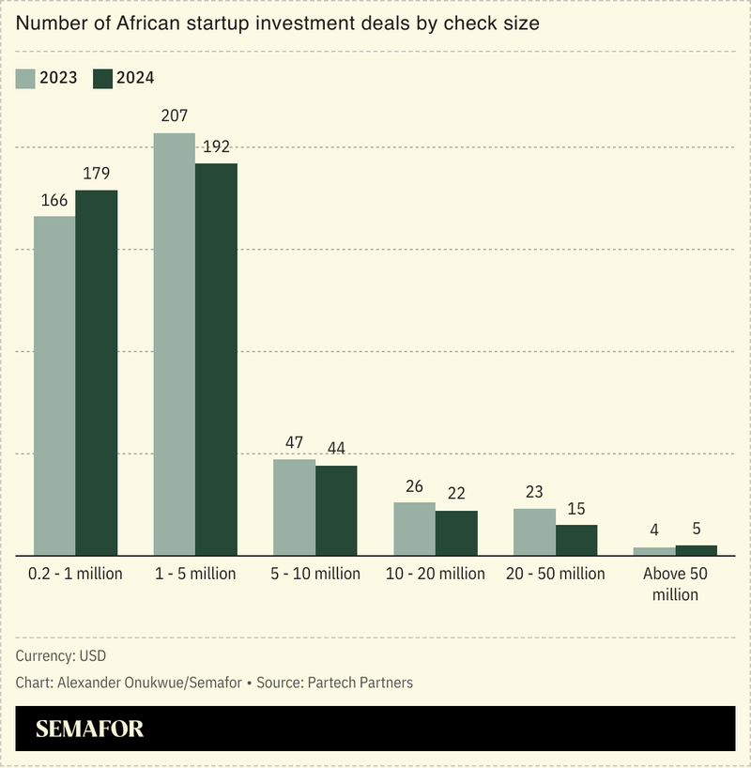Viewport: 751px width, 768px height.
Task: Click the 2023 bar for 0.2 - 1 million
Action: tap(54, 385)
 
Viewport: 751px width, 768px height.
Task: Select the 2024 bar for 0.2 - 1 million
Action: tap(97, 373)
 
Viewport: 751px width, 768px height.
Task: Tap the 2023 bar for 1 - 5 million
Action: tap(175, 344)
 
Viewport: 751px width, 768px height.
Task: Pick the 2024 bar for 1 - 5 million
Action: tap(216, 359)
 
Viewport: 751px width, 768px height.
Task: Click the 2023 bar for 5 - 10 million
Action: tap(294, 507)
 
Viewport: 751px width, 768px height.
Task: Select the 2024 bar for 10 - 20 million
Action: tap(456, 532)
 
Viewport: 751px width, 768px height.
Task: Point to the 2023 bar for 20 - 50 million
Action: tap(534, 531)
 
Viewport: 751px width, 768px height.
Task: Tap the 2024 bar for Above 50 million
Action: tap(696, 550)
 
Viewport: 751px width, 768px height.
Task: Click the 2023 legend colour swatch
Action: tap(25, 78)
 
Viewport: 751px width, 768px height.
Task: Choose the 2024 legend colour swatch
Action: tap(102, 78)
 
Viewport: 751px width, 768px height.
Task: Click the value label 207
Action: tap(175, 116)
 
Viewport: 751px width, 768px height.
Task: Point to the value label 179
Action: tap(97, 174)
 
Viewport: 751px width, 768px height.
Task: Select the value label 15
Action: tap(576, 509)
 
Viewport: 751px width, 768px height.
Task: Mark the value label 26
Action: tap(415, 486)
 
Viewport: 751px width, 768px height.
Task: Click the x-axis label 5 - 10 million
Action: tap(315, 574)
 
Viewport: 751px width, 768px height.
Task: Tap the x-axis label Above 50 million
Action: tap(676, 584)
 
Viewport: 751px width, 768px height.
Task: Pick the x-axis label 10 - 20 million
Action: tap(436, 574)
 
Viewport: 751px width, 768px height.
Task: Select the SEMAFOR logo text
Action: tap(90, 730)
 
